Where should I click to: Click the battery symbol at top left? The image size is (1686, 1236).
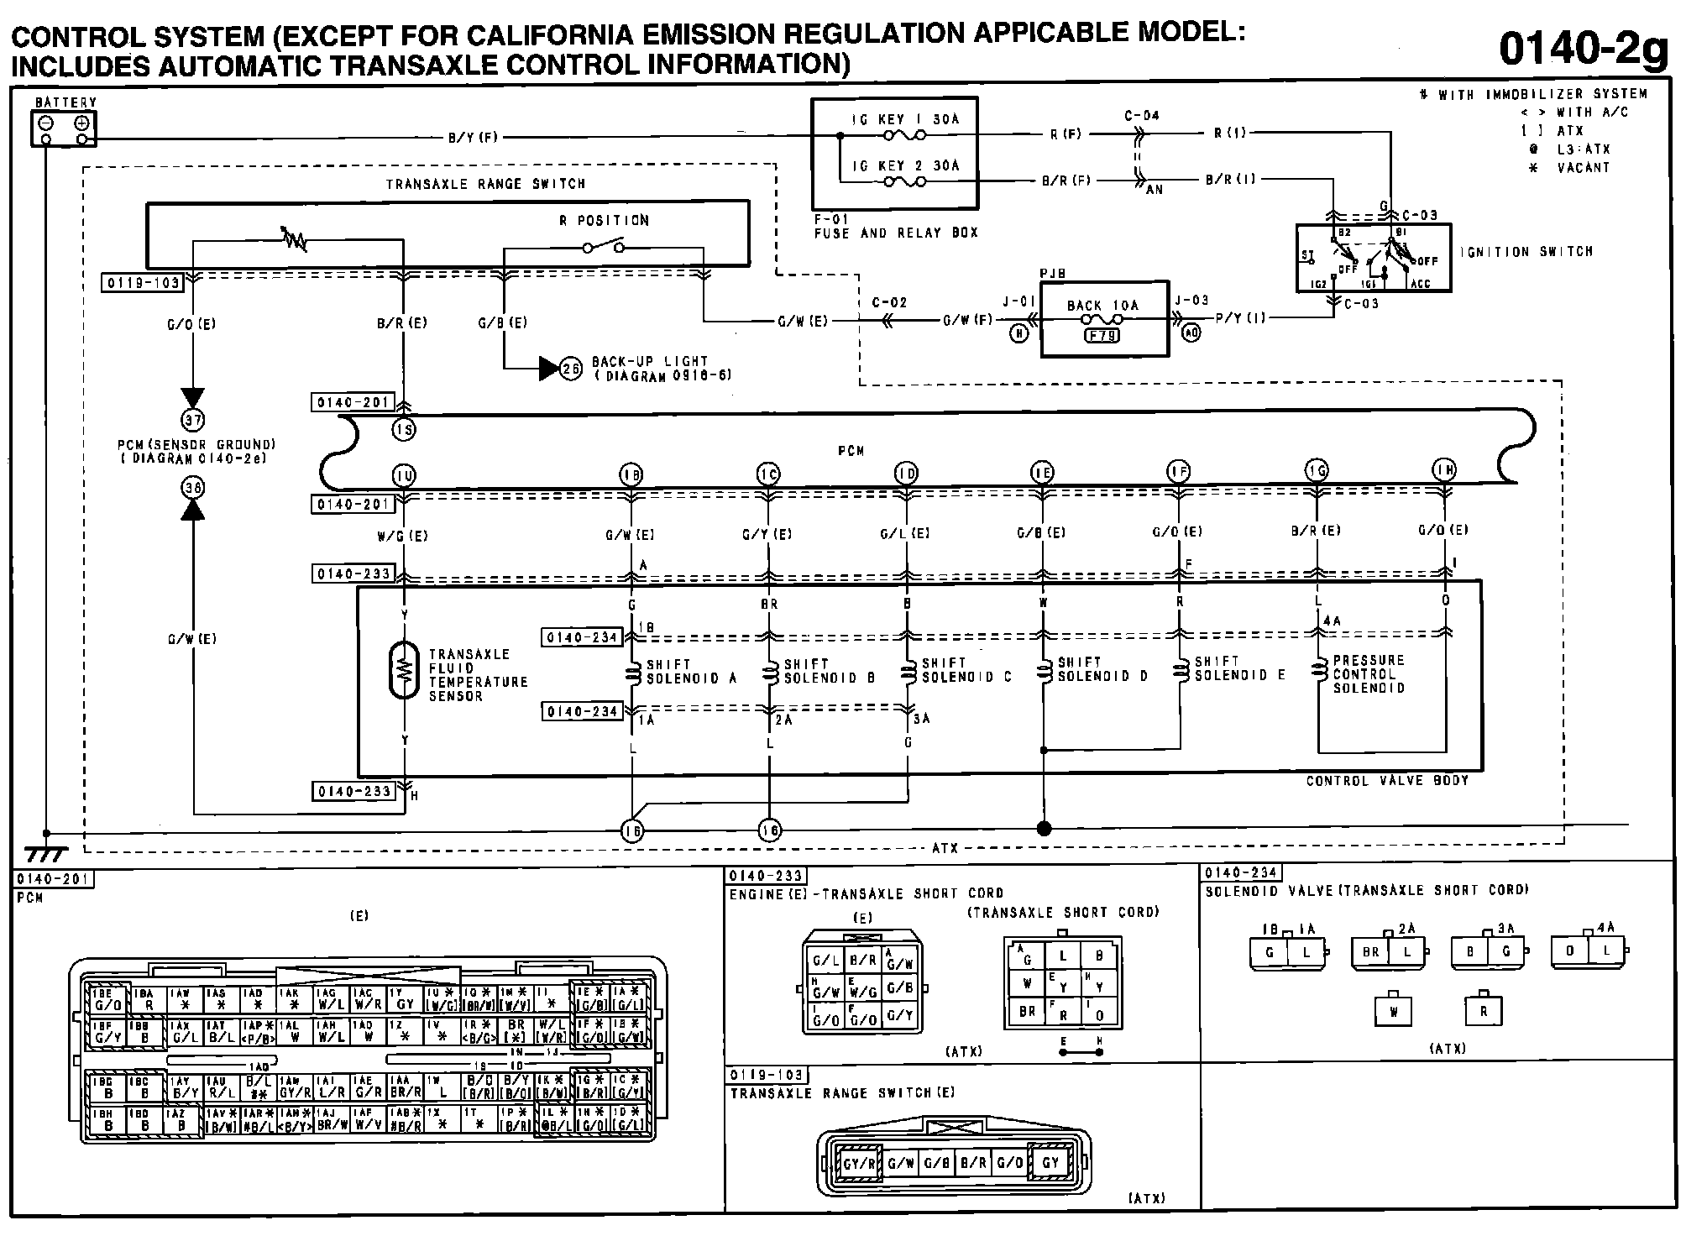click(64, 128)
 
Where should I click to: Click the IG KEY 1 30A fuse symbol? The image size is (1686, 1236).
click(903, 135)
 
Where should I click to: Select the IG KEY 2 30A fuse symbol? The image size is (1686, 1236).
click(903, 181)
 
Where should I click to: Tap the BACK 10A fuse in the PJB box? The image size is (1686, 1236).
click(1102, 320)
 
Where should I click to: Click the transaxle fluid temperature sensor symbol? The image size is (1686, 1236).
click(404, 670)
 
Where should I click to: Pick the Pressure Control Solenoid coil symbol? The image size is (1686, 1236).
click(1318, 671)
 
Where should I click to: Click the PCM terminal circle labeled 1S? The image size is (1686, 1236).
click(404, 430)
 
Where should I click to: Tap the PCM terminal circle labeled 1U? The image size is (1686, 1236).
click(404, 476)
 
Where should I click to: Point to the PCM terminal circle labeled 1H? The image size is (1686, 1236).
click(1445, 471)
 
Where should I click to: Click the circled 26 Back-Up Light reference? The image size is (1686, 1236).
click(571, 369)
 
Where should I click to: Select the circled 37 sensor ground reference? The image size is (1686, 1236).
click(193, 419)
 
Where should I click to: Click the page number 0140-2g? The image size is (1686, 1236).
click(1584, 50)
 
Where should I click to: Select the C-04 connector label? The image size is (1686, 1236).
click(1142, 115)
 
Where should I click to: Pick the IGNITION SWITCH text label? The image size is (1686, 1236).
click(1526, 251)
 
